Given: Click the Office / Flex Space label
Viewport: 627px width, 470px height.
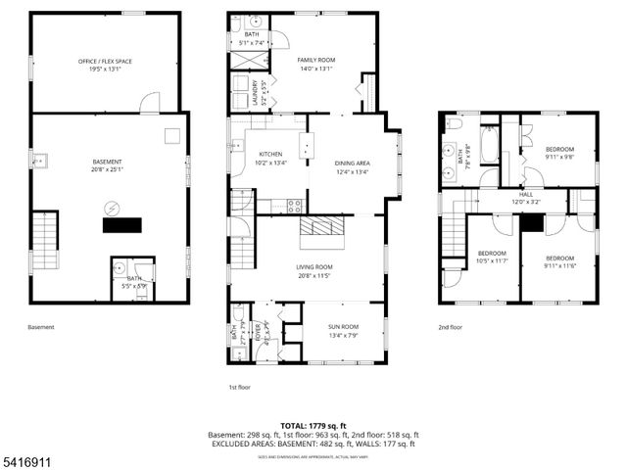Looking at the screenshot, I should tap(104, 65).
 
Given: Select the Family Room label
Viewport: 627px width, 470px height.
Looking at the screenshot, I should tap(315, 64).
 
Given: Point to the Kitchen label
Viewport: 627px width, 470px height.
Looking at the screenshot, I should tap(270, 159).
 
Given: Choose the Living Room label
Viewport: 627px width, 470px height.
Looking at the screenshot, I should tap(314, 271).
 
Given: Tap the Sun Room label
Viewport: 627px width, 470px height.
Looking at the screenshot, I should tap(342, 330).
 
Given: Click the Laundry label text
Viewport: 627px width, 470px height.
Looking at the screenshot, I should tap(254, 93).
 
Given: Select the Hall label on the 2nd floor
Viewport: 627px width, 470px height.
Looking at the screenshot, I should tap(525, 198).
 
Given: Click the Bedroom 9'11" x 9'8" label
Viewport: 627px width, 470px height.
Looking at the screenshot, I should tap(559, 153).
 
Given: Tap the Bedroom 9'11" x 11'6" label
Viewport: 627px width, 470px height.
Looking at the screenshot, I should tap(559, 261).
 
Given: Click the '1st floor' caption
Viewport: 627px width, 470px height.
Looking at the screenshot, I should tap(240, 387).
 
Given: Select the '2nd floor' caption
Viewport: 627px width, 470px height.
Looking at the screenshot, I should tap(451, 327).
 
